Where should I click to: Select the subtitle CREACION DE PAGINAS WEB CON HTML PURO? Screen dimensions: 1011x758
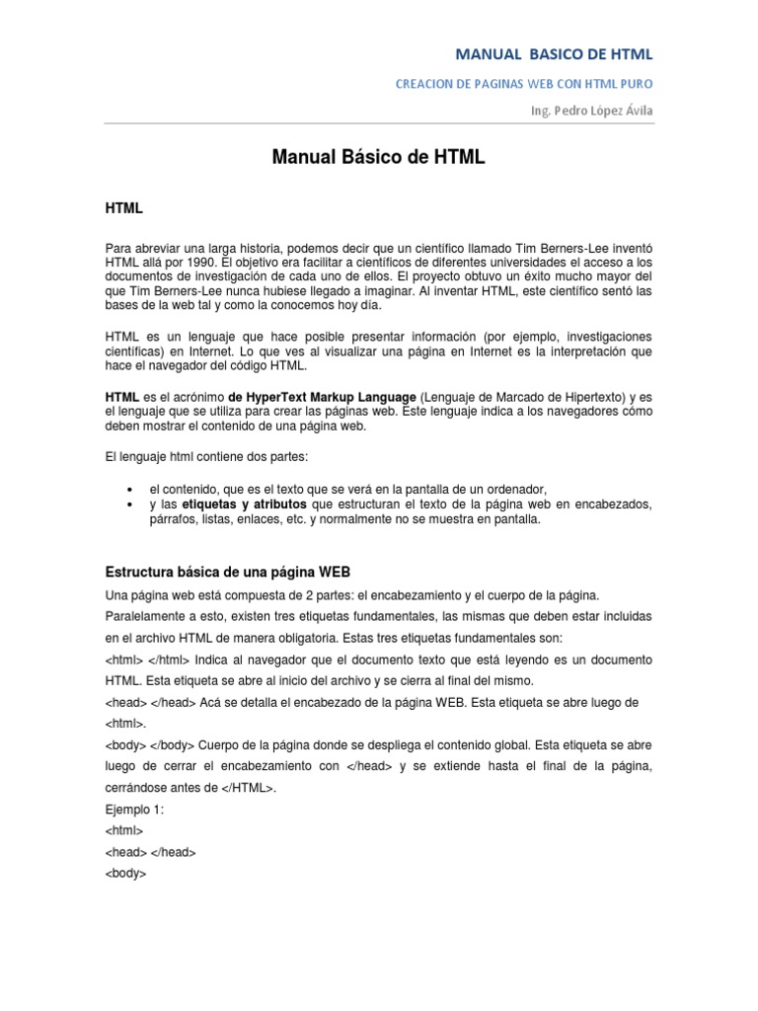click(524, 84)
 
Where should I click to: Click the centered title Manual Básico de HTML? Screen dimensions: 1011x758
click(378, 157)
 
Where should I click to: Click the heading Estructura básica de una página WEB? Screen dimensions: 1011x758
click(228, 573)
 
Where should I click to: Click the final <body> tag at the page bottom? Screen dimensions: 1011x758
click(125, 873)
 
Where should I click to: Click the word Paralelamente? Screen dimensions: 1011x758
click(143, 615)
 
